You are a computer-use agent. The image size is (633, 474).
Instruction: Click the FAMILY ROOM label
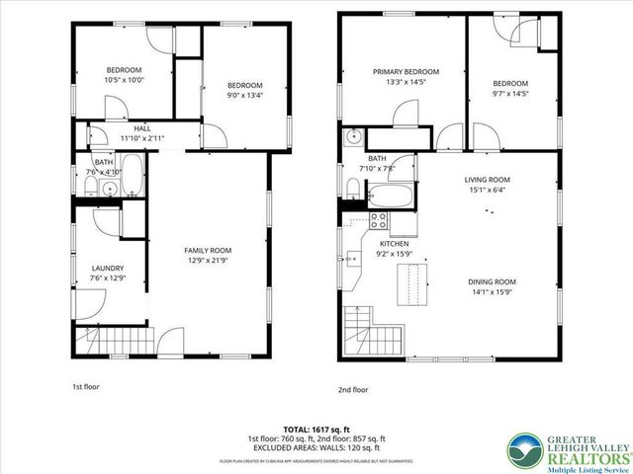pos(208,251)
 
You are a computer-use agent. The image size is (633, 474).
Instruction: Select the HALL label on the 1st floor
pos(142,127)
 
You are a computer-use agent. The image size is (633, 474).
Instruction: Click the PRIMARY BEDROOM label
pos(406,72)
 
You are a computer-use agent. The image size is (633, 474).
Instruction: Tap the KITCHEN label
pos(395,243)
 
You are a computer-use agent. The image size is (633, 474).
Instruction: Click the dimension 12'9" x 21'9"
pos(208,261)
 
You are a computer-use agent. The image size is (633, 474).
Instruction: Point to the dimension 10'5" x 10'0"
pos(126,81)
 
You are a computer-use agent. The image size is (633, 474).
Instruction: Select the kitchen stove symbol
pos(377,220)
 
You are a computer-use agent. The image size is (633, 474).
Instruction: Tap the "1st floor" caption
pos(86,386)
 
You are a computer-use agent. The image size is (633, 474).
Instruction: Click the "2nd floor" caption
pos(353,389)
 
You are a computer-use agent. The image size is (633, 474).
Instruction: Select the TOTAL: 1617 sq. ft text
pos(317,428)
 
